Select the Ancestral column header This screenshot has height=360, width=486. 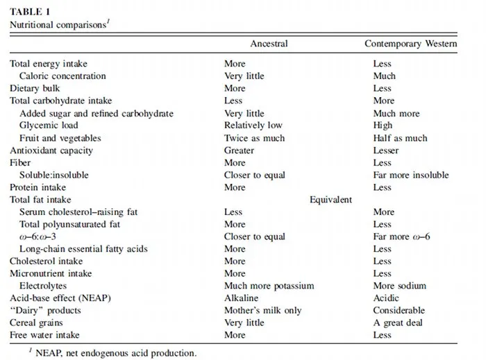click(x=268, y=44)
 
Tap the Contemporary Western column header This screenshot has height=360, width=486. click(x=411, y=44)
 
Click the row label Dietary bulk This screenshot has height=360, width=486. click(x=35, y=89)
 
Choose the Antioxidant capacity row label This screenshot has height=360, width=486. click(x=51, y=151)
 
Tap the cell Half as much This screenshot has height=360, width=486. click(x=400, y=138)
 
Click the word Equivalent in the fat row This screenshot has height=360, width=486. click(x=330, y=200)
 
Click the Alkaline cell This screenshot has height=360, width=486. click(x=243, y=298)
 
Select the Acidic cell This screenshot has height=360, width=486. click(x=387, y=298)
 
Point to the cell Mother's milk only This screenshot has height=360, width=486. click(x=263, y=311)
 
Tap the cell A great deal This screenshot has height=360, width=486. click(x=398, y=323)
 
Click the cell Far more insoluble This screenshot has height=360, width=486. click(x=410, y=175)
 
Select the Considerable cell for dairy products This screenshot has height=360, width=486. click(x=399, y=311)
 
